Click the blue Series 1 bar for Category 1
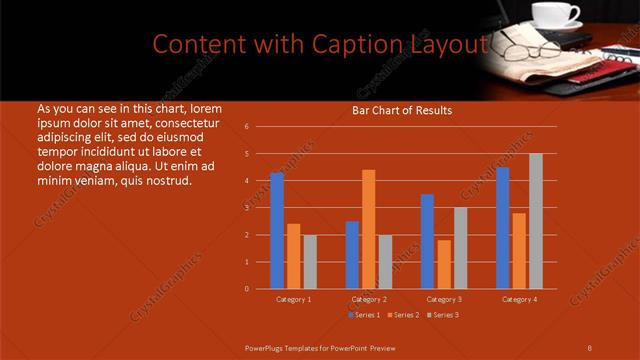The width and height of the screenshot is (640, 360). tap(277, 231)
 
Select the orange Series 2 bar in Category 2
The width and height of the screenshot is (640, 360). tap(369, 229)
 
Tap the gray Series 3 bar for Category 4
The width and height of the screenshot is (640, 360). tap(536, 221)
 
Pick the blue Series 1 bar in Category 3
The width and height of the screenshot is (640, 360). tap(427, 241)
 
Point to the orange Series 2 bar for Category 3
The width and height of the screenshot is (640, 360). tap(444, 264)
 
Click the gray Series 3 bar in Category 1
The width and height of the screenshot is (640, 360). tap(310, 262)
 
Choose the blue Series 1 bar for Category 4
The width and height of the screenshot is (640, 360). tap(503, 228)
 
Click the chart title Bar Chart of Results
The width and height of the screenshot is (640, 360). tap(402, 110)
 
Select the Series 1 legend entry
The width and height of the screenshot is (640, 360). tap(365, 315)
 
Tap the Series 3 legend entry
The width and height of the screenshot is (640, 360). tap(443, 315)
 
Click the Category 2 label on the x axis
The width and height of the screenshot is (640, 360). tap(369, 299)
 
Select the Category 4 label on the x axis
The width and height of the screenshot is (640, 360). tap(519, 299)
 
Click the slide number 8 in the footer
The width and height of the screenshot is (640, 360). tap(590, 347)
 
